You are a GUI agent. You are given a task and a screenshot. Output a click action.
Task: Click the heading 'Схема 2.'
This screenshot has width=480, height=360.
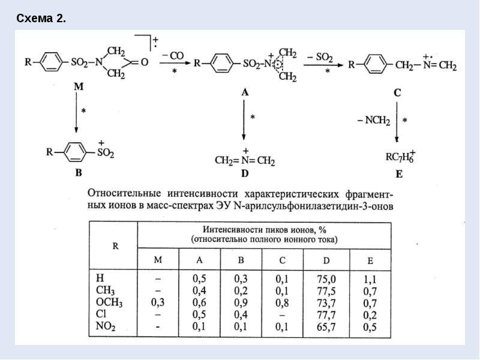click(x=41, y=19)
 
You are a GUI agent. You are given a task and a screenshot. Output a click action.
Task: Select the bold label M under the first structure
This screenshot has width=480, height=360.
click(x=79, y=86)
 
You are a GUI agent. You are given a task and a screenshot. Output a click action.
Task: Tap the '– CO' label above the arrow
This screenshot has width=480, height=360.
click(x=173, y=56)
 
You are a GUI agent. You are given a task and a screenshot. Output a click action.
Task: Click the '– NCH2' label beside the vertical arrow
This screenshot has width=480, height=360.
click(x=374, y=121)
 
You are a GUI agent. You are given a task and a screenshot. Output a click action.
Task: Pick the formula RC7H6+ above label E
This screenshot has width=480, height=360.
click(x=400, y=157)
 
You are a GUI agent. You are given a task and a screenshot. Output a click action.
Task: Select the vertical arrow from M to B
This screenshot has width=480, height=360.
click(x=76, y=113)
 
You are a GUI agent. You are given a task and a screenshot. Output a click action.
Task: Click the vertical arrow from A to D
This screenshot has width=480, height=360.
click(x=244, y=119)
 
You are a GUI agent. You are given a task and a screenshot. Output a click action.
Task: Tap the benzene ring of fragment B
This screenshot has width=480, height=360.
click(x=75, y=152)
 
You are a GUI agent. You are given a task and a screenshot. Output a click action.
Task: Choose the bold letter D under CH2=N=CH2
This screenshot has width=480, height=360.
click(x=245, y=173)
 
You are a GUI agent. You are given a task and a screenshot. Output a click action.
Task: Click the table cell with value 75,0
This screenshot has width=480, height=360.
click(x=326, y=279)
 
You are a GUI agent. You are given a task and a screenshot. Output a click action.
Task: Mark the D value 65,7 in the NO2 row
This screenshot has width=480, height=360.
click(x=326, y=326)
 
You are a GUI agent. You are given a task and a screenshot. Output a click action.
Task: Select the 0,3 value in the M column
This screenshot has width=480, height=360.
click(x=158, y=302)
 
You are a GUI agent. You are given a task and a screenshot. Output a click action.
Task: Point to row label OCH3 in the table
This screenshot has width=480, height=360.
click(x=109, y=302)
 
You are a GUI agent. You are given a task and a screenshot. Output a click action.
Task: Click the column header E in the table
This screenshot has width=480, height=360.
click(x=370, y=261)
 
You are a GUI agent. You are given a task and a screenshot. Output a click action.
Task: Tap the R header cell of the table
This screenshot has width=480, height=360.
click(x=115, y=246)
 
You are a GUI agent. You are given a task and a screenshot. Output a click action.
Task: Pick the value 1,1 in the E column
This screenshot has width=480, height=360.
click(x=370, y=279)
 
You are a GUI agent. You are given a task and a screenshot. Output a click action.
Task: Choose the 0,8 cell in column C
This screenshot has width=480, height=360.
click(x=282, y=303)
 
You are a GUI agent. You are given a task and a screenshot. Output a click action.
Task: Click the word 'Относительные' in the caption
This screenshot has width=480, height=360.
click(x=124, y=194)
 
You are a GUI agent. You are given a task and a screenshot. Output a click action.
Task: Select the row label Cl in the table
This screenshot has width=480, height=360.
click(x=101, y=314)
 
